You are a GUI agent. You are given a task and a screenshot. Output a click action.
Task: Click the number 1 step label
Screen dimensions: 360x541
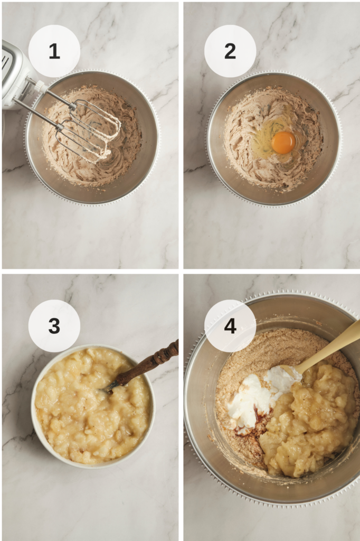tap(54, 51)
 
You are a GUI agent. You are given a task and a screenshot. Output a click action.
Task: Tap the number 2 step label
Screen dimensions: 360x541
tap(230, 51)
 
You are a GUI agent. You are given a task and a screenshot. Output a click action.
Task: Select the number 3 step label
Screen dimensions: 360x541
tap(54, 325)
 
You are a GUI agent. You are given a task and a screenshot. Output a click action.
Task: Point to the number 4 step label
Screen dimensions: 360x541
tap(230, 325)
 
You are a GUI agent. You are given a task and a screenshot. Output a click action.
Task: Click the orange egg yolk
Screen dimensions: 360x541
tap(283, 142)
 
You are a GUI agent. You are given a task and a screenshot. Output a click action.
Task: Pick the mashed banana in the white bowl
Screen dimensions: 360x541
tap(92, 405)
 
